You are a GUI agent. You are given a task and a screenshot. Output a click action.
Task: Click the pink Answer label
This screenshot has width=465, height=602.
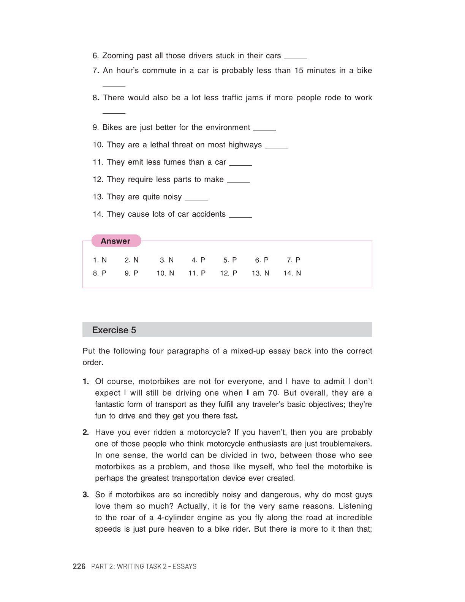pyautogui.click(x=115, y=241)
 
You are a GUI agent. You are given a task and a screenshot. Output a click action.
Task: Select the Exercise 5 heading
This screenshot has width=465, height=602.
pyautogui.click(x=114, y=330)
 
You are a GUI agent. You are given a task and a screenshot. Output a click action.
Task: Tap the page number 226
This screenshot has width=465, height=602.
pyautogui.click(x=79, y=566)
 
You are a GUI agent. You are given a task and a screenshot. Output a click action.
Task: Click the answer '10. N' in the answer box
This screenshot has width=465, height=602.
pyautogui.click(x=165, y=273)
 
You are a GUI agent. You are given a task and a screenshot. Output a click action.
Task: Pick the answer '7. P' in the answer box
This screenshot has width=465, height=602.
pyautogui.click(x=293, y=260)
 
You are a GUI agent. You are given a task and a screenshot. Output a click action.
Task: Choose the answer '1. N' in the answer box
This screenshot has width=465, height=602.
pyautogui.click(x=100, y=260)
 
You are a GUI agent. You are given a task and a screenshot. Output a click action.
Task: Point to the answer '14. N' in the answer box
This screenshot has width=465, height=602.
pyautogui.click(x=292, y=273)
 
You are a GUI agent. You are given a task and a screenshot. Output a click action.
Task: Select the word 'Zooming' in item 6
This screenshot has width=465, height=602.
pyautogui.click(x=118, y=56)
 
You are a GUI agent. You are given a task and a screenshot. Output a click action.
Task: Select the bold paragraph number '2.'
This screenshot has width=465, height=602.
pyautogui.click(x=86, y=432)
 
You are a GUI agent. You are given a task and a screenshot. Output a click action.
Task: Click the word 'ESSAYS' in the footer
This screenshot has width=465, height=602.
pyautogui.click(x=184, y=566)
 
